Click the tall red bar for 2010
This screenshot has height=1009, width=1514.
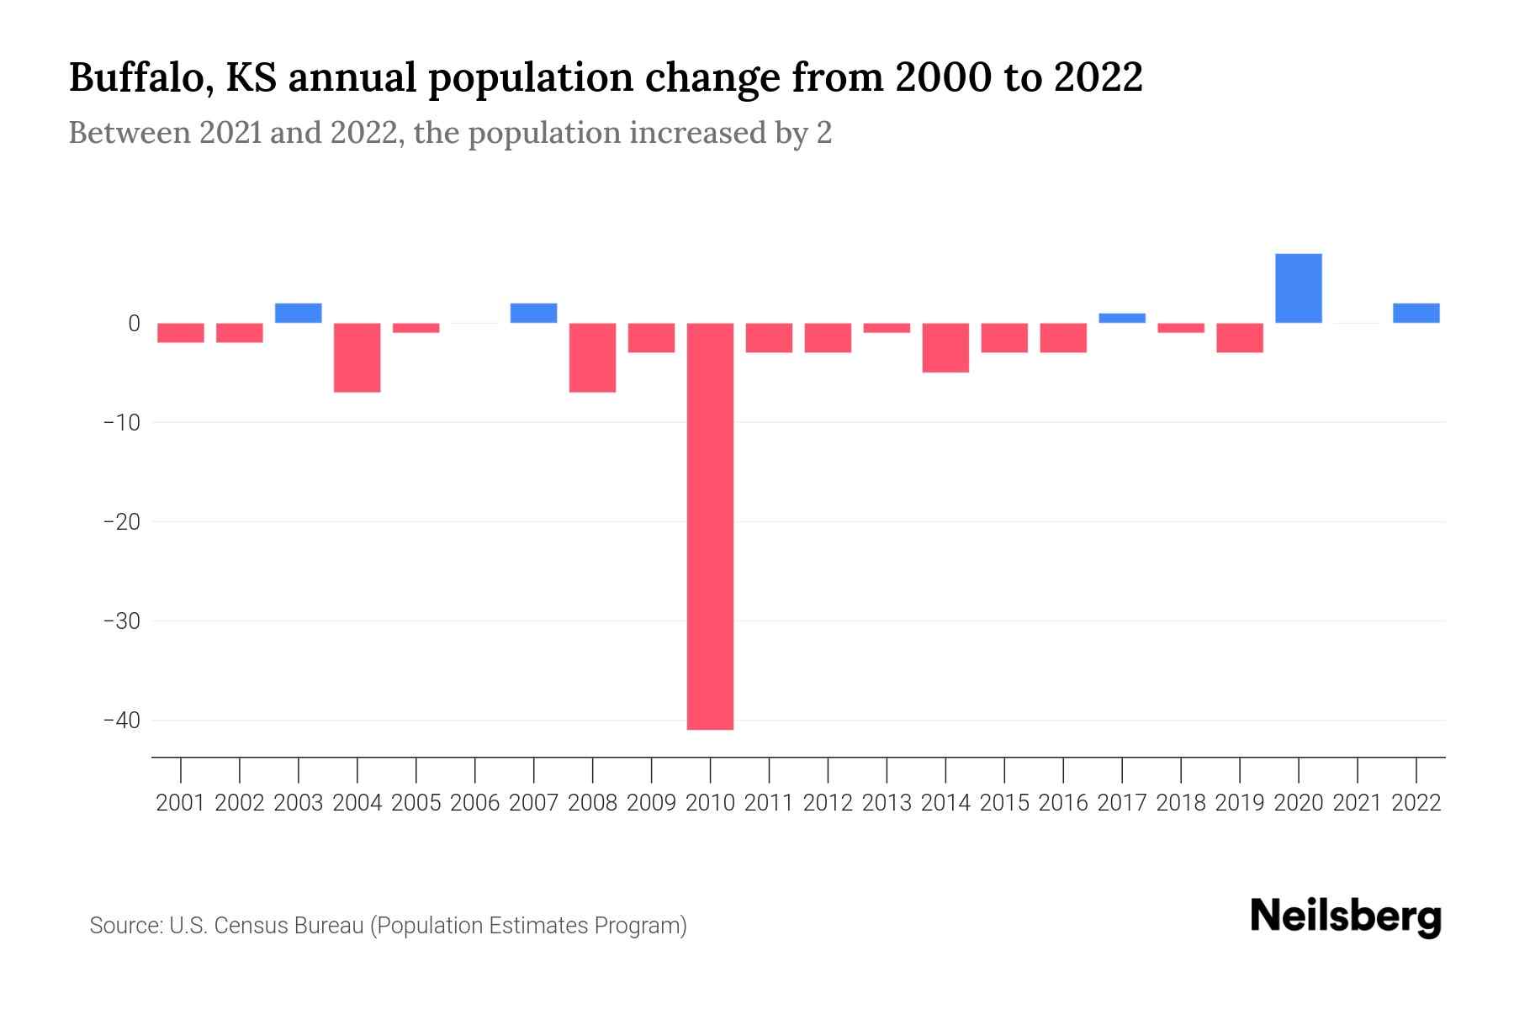click(x=710, y=526)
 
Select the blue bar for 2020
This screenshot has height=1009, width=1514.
click(x=1298, y=288)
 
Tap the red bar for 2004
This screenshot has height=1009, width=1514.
click(x=357, y=357)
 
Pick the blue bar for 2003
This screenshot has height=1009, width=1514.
click(x=298, y=313)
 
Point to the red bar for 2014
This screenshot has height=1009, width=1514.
click(x=945, y=347)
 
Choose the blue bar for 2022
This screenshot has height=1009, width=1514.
click(x=1416, y=313)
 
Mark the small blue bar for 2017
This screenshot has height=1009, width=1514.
click(x=1121, y=318)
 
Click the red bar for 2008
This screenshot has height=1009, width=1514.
click(x=592, y=357)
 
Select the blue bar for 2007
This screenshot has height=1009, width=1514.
click(x=533, y=313)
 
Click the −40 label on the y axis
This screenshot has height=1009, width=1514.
click(x=121, y=721)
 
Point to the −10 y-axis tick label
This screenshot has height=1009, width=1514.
click(x=121, y=422)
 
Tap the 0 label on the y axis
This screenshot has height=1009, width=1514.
click(x=134, y=324)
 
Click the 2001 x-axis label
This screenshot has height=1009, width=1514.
click(x=180, y=803)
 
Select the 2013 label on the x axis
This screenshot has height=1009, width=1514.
click(x=887, y=803)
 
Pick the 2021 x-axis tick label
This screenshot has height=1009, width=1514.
click(x=1357, y=803)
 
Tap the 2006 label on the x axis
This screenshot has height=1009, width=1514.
click(x=474, y=803)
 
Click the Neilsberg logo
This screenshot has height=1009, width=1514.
click(x=1345, y=917)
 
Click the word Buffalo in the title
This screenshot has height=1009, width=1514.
click(x=135, y=78)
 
